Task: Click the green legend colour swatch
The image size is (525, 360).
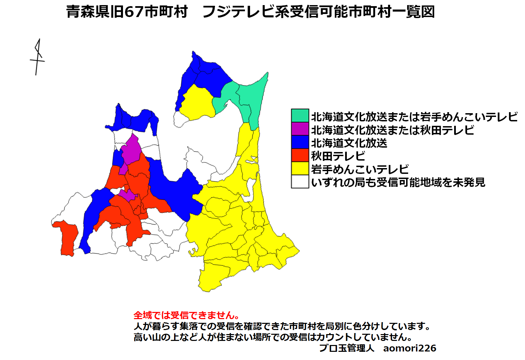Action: (x=300, y=116)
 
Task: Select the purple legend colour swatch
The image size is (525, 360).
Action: (x=300, y=129)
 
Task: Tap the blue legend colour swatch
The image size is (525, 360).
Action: (x=300, y=142)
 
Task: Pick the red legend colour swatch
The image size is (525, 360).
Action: (x=300, y=155)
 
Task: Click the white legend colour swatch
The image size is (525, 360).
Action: (x=300, y=182)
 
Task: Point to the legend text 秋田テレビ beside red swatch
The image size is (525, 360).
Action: (x=338, y=156)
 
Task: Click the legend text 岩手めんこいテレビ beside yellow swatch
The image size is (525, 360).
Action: (x=360, y=169)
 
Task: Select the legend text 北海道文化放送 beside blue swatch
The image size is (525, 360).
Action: (x=349, y=143)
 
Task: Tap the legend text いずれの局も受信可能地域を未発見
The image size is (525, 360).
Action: (x=398, y=182)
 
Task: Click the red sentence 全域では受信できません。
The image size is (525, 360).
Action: (x=187, y=315)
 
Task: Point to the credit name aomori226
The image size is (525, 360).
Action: (x=410, y=348)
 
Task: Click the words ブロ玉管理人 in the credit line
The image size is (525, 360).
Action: (x=346, y=348)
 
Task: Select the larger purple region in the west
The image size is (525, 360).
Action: (x=131, y=150)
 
